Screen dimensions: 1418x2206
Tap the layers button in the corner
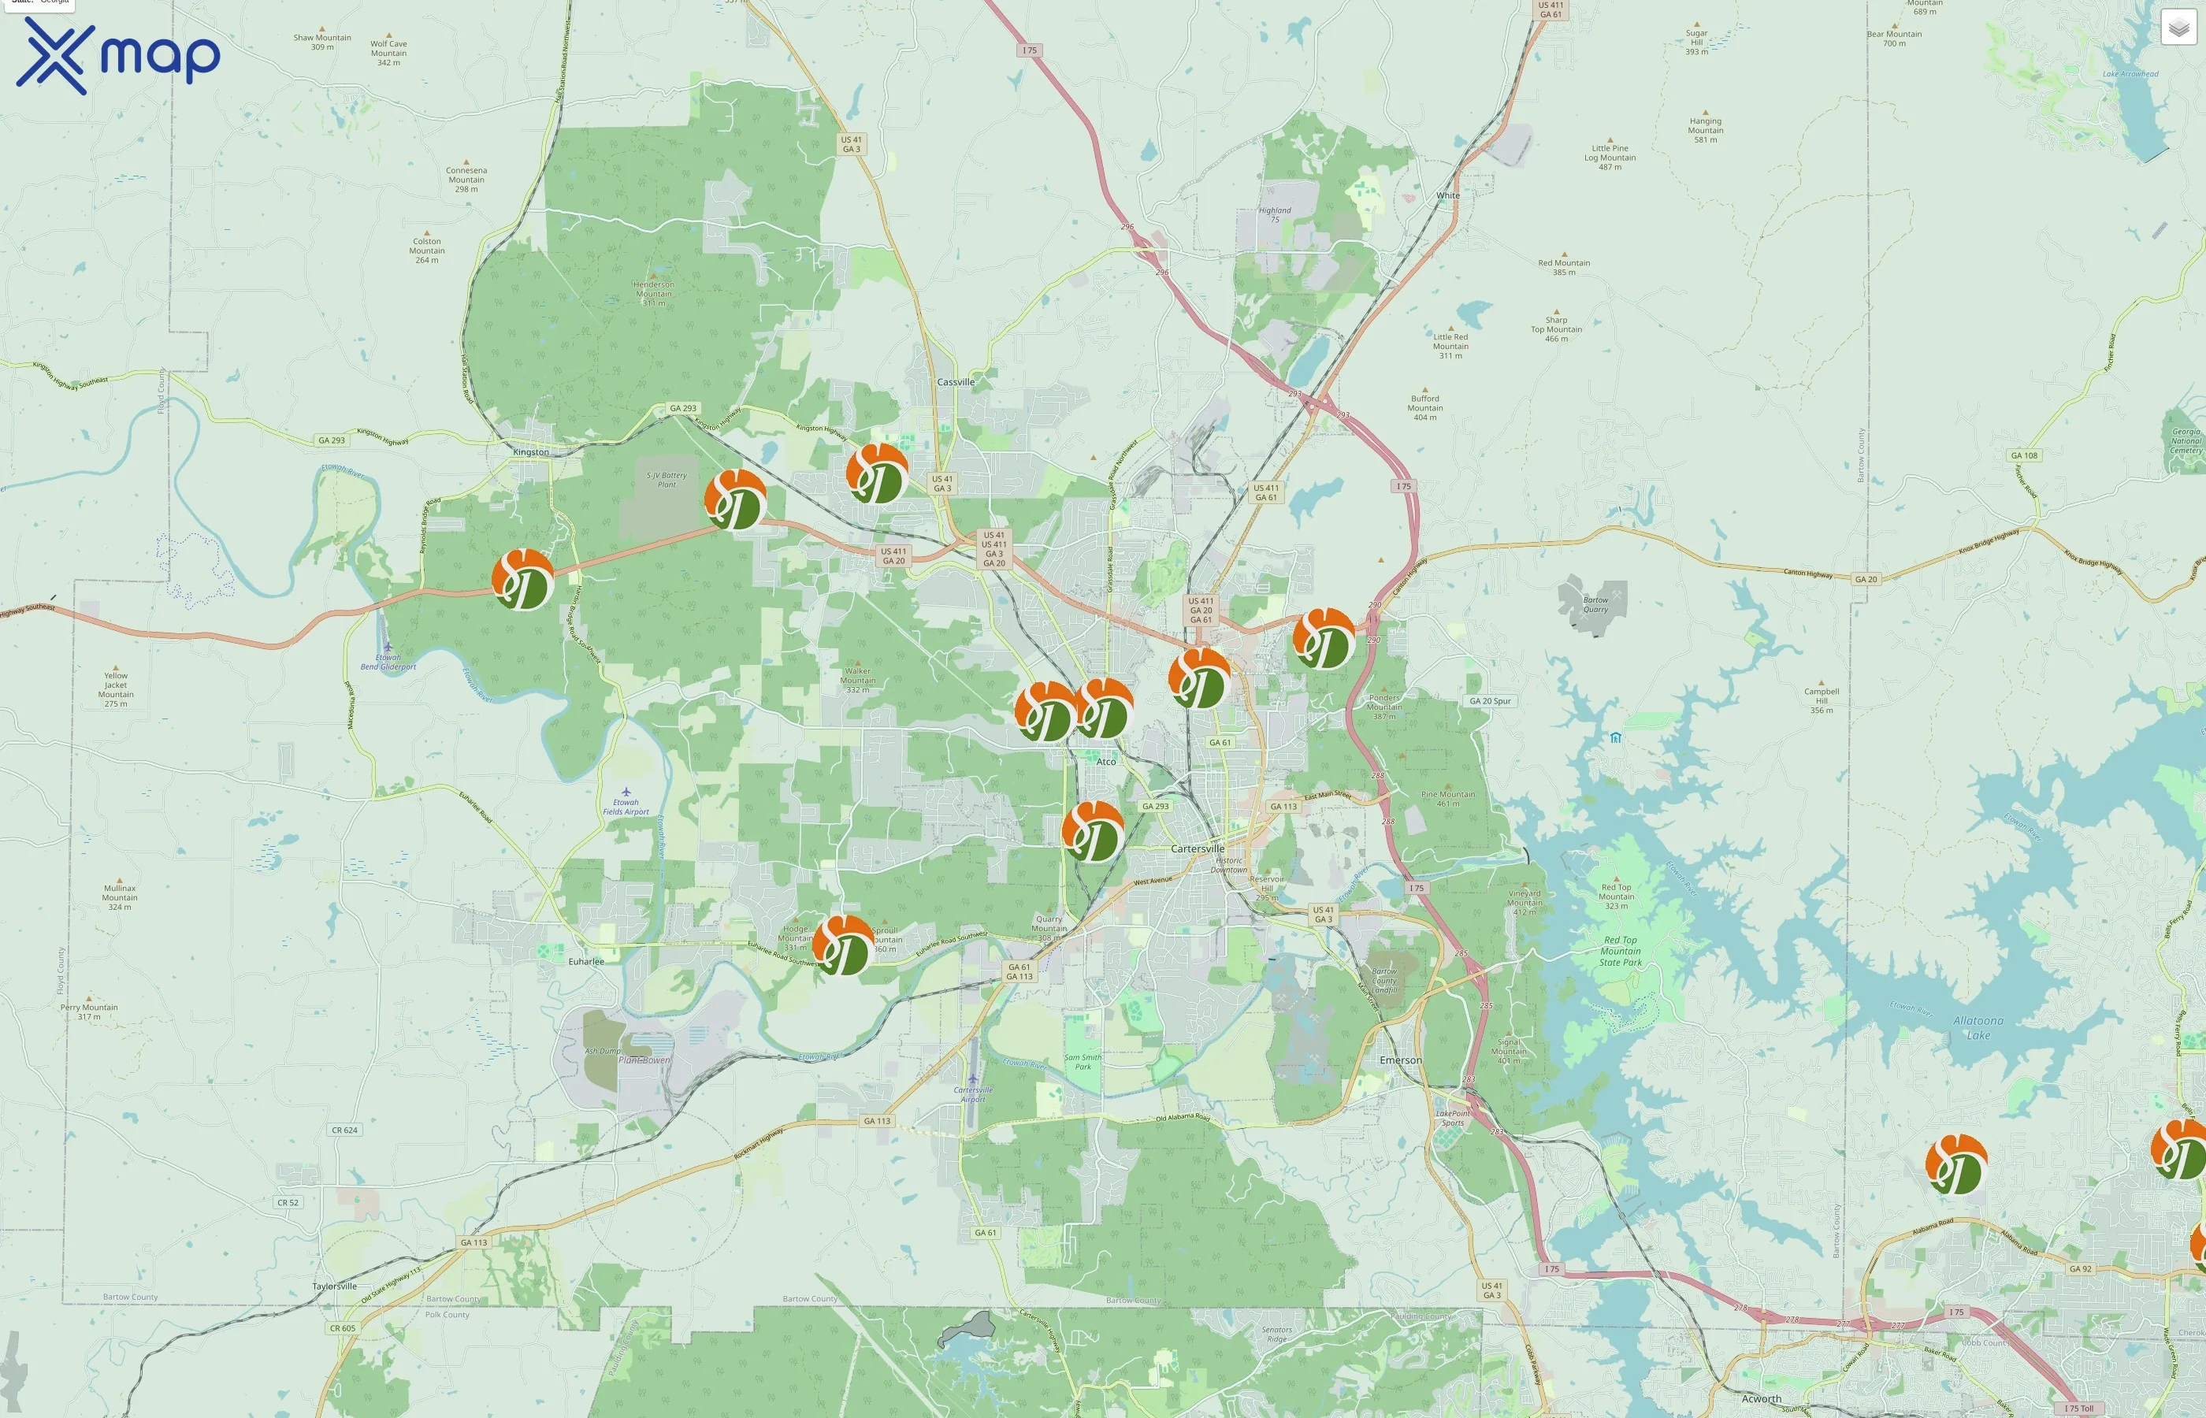tap(2178, 28)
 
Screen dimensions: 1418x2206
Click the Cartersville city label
tap(1198, 848)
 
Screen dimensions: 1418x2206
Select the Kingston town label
tap(530, 452)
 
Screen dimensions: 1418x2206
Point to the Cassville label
tap(956, 382)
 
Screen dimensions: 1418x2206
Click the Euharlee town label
tap(586, 961)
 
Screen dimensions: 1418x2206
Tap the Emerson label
tap(1400, 1060)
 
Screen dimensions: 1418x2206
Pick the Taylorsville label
tap(334, 1286)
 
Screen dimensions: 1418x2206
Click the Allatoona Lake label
tap(1978, 1027)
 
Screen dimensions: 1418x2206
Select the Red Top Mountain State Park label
tap(1621, 951)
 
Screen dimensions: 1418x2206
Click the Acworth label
tap(1762, 1398)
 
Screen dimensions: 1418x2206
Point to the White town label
tap(1448, 195)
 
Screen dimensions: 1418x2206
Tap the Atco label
tap(1106, 762)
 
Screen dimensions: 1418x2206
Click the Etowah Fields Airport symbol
tap(626, 792)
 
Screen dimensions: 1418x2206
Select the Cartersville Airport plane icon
tap(972, 1078)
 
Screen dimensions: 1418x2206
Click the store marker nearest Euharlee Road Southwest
tap(842, 945)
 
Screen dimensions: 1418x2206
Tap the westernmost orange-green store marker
tap(523, 579)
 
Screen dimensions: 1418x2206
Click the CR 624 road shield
tap(344, 1130)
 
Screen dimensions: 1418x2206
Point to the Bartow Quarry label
tap(1595, 605)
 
